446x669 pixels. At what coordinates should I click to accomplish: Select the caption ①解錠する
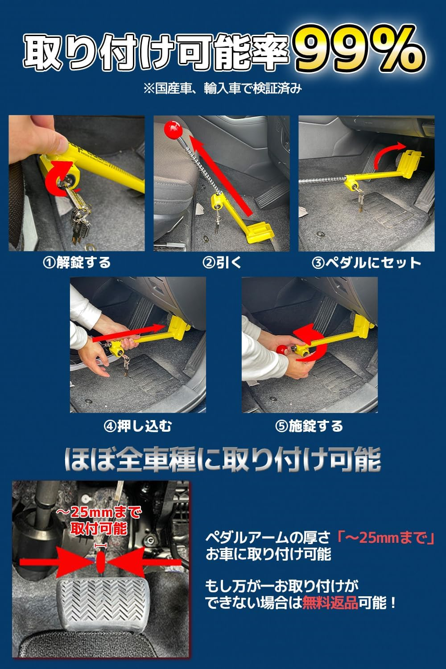77,262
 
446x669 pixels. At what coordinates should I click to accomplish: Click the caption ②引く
222,262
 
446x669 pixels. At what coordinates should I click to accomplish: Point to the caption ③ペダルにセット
366,263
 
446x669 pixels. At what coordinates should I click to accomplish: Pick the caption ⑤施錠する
309,426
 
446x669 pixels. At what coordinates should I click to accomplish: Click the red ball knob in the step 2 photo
172,129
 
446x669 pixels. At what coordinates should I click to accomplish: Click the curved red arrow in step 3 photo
388,156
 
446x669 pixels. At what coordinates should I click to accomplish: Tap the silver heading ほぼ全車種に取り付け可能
223,459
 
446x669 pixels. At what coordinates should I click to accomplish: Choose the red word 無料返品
330,603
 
